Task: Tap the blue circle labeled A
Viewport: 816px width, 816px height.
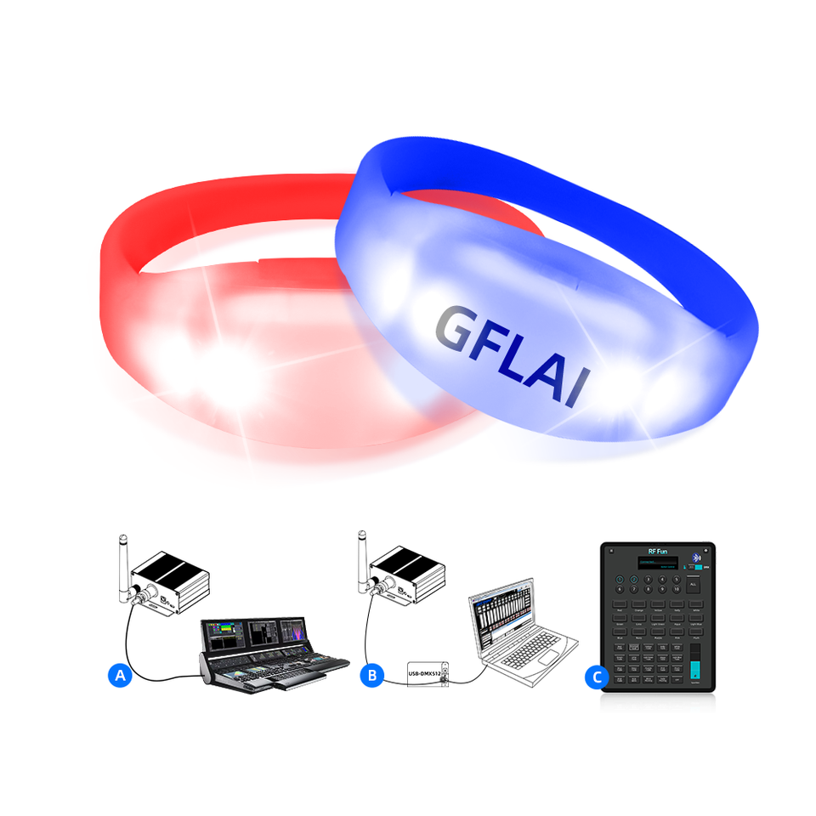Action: coord(121,676)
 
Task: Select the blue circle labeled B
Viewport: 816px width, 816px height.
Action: coord(371,676)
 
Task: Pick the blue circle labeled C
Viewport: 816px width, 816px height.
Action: coord(598,677)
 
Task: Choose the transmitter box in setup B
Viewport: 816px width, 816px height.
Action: coord(410,574)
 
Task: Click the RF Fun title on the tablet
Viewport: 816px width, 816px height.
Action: coord(658,551)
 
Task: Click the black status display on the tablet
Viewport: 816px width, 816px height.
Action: coord(658,563)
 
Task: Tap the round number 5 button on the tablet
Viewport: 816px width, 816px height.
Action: coord(677,580)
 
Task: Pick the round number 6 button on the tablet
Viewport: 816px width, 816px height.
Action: coord(620,588)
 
